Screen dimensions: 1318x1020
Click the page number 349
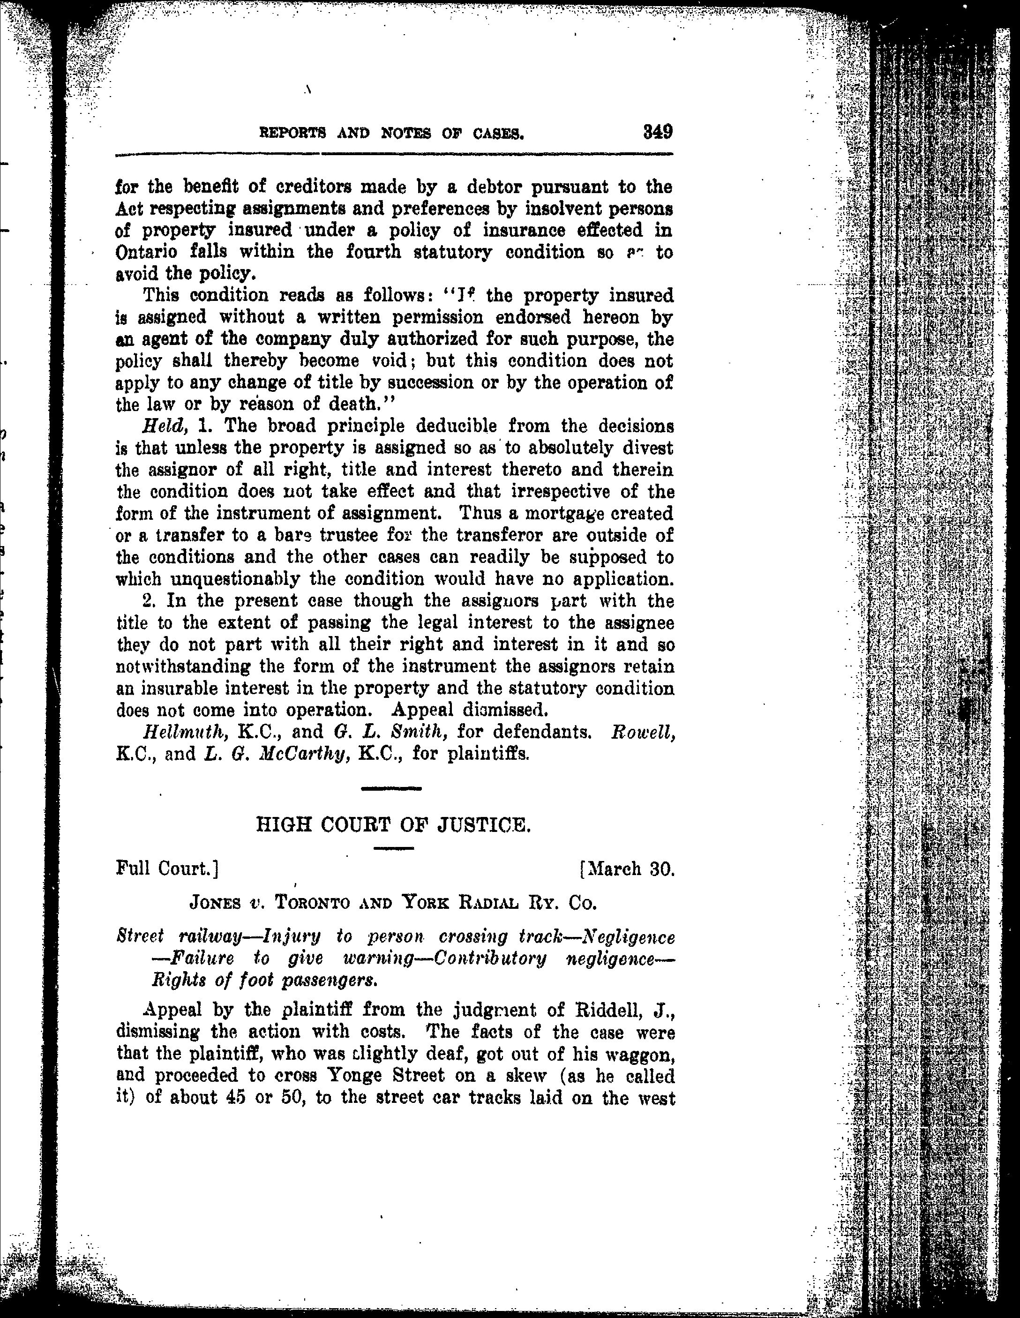[657, 132]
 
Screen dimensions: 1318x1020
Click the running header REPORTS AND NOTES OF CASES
[391, 133]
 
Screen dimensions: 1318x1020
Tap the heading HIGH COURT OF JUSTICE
[393, 824]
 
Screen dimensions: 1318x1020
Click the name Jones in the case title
[216, 903]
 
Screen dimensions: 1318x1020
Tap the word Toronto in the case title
[313, 903]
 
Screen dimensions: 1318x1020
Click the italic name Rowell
[642, 733]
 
